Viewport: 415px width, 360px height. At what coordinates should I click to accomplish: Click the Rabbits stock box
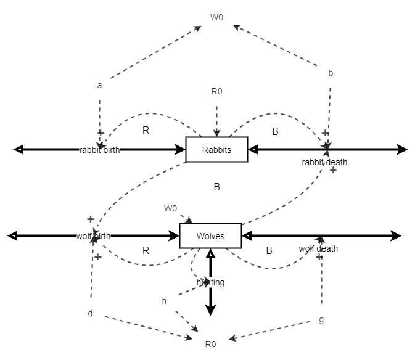point(216,150)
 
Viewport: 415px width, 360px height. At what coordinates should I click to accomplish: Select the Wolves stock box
point(210,236)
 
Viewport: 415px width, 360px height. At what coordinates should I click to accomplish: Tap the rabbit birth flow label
point(99,150)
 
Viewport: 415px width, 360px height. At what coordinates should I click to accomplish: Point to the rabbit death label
point(324,162)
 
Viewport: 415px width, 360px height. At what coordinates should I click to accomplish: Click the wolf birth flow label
point(94,236)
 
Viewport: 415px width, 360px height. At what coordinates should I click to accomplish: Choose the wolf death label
point(318,248)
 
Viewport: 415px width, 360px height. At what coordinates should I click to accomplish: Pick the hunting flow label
point(210,282)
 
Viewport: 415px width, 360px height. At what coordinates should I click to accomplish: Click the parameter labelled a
point(99,85)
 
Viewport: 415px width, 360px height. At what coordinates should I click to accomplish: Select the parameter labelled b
point(331,73)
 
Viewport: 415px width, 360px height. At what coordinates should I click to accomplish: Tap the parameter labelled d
point(90,313)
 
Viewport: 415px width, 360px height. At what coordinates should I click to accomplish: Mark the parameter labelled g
point(321,319)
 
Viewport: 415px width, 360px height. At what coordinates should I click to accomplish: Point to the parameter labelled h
point(164,301)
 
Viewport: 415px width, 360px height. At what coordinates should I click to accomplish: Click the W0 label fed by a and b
point(216,17)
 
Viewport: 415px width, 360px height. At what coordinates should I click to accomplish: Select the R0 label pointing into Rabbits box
point(216,91)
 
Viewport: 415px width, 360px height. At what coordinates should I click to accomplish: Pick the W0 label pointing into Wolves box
point(170,208)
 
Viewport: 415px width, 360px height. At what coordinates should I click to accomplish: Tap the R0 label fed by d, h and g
point(210,344)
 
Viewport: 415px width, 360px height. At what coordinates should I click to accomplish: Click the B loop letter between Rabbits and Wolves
point(216,187)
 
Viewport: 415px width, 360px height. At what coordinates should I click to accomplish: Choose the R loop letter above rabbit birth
point(146,130)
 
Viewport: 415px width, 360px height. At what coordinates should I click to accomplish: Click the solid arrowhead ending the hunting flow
point(210,309)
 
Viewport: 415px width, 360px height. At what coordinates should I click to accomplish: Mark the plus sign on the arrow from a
point(100,133)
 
